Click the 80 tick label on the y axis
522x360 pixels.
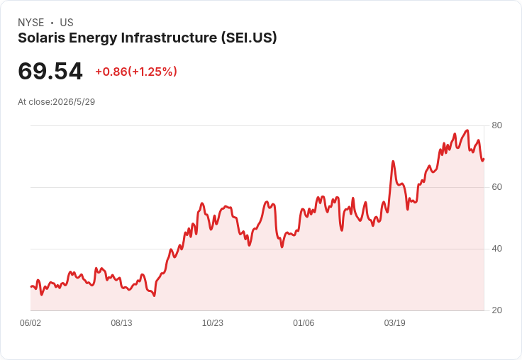[496, 125]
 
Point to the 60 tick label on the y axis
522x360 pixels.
[496, 187]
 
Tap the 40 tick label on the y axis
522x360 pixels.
[496, 249]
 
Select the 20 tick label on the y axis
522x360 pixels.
[496, 310]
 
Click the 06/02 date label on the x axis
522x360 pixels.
[30, 322]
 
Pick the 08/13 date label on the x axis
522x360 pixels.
[121, 322]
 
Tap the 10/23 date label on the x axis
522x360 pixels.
[213, 322]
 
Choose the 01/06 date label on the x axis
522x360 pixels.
[304, 322]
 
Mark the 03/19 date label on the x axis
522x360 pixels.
[395, 322]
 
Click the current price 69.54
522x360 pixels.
[50, 71]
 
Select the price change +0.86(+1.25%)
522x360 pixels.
[136, 72]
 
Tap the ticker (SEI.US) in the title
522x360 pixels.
[249, 38]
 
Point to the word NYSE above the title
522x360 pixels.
[31, 23]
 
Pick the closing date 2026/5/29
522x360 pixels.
[74, 102]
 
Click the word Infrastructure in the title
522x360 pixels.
[169, 38]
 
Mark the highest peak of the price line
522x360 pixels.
[467, 130]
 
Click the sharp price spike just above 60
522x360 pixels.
[393, 162]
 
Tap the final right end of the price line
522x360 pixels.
[484, 159]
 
